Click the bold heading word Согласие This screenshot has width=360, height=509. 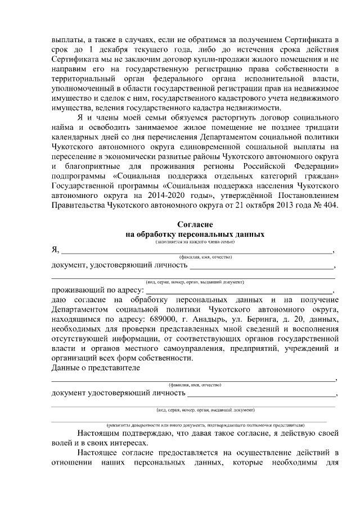coord(195,224)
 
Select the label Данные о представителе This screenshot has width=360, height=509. coord(96,368)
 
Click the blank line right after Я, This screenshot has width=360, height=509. coord(197,252)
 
